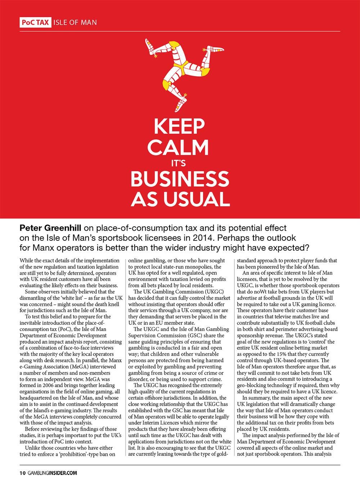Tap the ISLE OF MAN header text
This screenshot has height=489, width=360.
[75, 22]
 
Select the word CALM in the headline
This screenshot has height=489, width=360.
[179, 148]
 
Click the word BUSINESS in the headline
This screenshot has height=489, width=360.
[179, 179]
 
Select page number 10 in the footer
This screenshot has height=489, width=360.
[22, 474]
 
